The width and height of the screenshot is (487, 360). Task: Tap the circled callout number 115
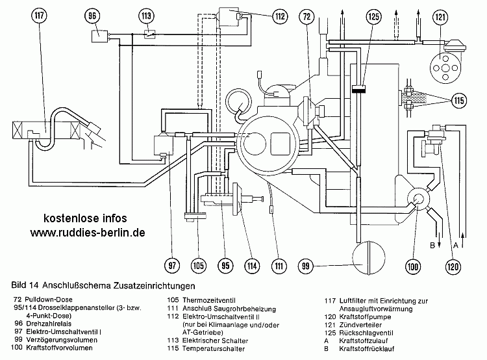pyautogui.click(x=460, y=101)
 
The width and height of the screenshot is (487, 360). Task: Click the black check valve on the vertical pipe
pyautogui.click(x=356, y=90)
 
